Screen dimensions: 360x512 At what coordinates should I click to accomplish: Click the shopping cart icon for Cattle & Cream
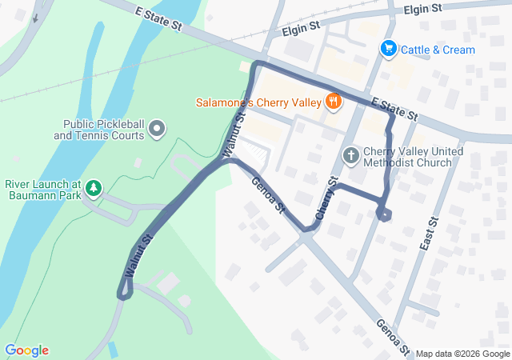click(x=389, y=50)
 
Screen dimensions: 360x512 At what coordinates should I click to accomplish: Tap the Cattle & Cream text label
click(x=438, y=50)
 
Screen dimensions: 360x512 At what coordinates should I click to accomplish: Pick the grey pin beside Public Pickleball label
click(x=157, y=127)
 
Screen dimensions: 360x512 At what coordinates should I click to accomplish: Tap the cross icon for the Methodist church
click(x=350, y=154)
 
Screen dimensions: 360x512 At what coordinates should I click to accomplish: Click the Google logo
click(x=26, y=350)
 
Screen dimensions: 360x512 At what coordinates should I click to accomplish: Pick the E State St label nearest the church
click(x=394, y=109)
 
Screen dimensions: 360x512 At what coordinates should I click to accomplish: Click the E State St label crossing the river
click(x=160, y=20)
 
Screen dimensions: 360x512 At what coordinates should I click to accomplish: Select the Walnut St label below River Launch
click(x=138, y=257)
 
